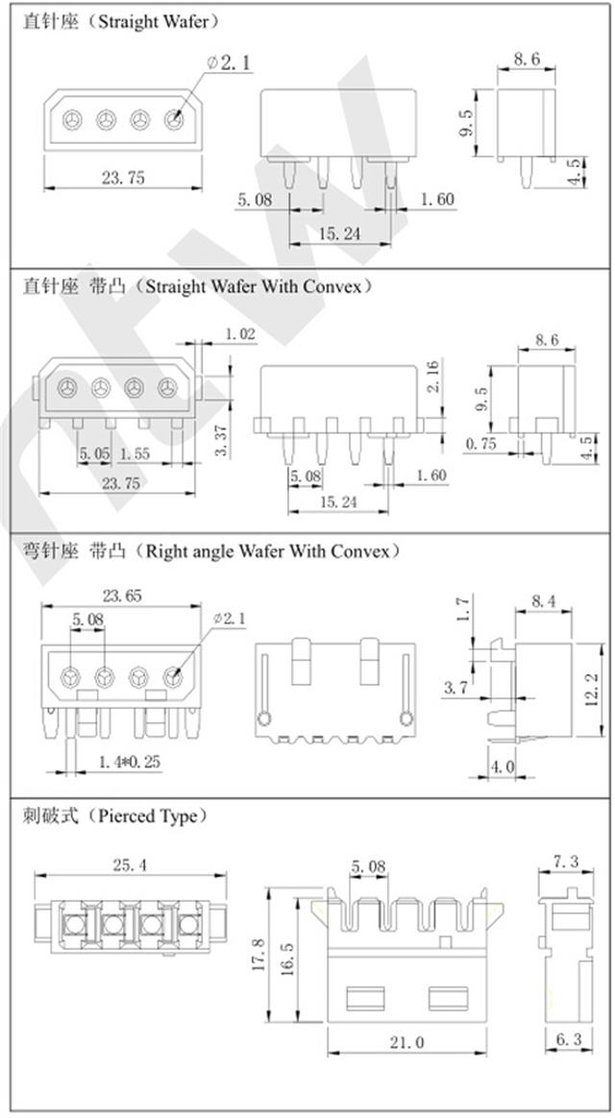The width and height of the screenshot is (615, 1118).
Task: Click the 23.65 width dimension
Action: (x=120, y=595)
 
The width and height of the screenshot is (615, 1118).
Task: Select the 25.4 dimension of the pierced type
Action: (x=129, y=864)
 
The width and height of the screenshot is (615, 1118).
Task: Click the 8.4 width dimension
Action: (x=544, y=601)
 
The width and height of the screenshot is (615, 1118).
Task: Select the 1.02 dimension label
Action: (x=239, y=333)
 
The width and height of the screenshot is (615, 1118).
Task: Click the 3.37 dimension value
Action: (x=221, y=440)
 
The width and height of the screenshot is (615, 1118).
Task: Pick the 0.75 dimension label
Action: (x=480, y=443)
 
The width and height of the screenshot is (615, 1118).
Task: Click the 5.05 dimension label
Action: (x=95, y=452)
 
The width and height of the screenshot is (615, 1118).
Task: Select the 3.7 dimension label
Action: (x=456, y=688)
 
